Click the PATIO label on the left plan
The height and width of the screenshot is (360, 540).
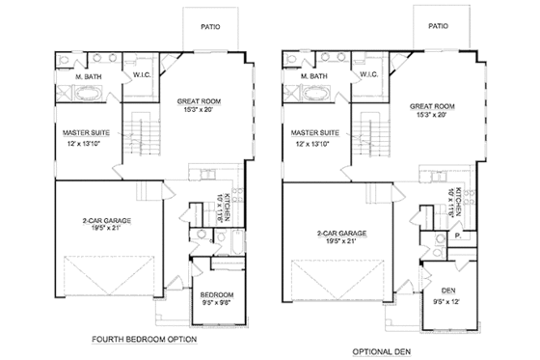(209, 27)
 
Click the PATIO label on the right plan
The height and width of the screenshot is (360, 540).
(437, 27)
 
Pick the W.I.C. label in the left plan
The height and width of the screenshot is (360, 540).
(141, 74)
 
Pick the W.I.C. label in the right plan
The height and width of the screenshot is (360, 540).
(368, 74)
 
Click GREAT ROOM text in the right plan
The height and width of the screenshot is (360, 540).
(431, 105)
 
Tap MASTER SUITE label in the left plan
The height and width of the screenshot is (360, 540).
(83, 132)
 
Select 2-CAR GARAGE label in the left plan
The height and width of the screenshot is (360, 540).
(107, 221)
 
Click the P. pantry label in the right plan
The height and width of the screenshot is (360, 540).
(453, 235)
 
